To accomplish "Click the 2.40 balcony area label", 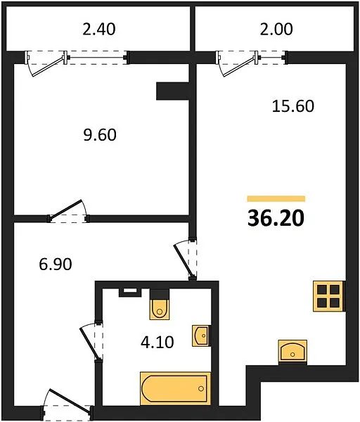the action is (99, 30).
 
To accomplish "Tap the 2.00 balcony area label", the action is (276, 30).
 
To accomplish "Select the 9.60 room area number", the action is (100, 135).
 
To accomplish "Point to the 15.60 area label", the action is (293, 105).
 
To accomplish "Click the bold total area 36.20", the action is (276, 218).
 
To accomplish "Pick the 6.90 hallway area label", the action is (56, 264).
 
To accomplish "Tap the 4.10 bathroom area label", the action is (157, 343).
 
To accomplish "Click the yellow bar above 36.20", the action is (276, 199).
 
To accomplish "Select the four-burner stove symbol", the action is (328, 296).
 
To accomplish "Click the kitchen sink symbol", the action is (292, 351).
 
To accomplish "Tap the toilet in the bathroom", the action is (160, 305).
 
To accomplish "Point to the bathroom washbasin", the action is (201, 335).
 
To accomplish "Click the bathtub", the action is (175, 388).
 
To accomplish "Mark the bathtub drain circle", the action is (201, 388).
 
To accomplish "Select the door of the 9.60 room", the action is (67, 210).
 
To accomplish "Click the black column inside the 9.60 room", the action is (172, 91).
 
